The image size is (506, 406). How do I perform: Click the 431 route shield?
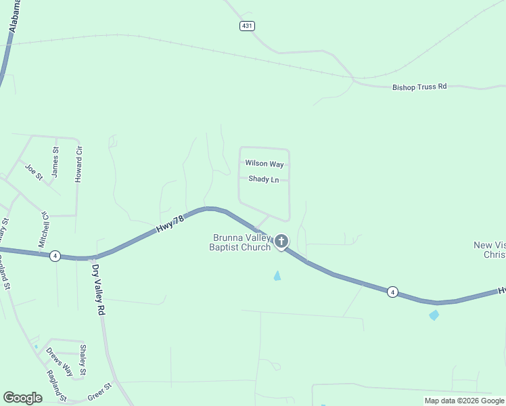pos(247,26)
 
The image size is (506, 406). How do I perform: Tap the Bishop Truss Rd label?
pos(420,87)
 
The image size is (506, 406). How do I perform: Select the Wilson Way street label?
pos(264,164)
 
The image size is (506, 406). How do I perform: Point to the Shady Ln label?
pos(264,179)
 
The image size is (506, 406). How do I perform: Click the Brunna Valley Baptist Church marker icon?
pos(281,241)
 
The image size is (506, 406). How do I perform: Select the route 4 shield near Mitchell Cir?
pos(55,256)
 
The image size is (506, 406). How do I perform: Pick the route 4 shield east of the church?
pos(392,292)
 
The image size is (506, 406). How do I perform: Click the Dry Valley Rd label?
pos(99,290)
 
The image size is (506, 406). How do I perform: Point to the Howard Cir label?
pos(79,162)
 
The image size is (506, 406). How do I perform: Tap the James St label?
pos(55,162)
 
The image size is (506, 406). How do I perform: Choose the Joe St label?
pos(34,171)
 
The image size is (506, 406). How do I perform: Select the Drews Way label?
pos(59,361)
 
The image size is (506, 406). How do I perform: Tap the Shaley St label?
pos(83,360)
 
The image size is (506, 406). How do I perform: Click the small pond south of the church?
pos(277,275)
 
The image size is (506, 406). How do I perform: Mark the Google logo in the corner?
pos(22,398)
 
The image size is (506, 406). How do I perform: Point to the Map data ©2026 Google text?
pos(464,401)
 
